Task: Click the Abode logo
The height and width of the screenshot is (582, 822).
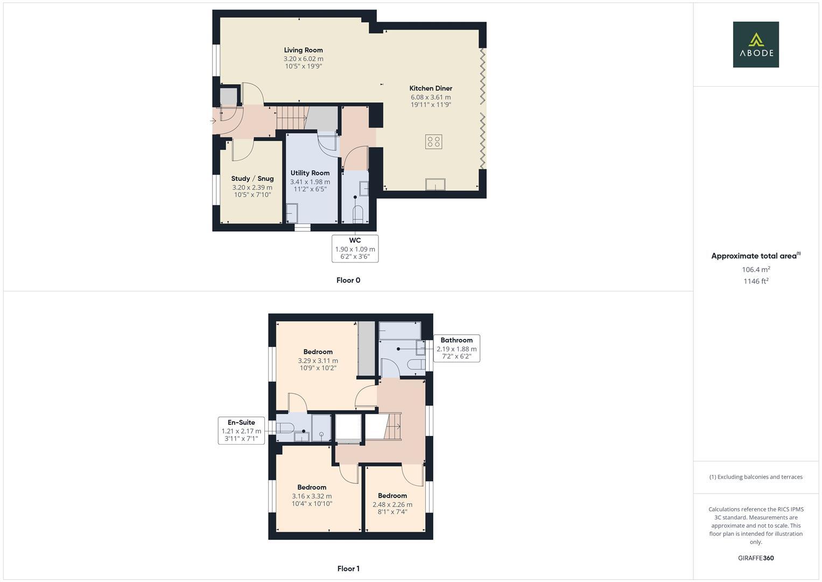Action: click(755, 45)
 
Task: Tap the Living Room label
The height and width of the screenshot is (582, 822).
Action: click(303, 50)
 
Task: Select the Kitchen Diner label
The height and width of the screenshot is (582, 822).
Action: click(431, 88)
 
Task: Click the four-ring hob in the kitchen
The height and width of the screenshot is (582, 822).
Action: click(433, 142)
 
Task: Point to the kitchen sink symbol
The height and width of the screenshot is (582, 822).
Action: click(435, 184)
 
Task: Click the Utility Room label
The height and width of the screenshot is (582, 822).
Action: click(310, 173)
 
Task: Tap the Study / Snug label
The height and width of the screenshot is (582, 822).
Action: click(252, 178)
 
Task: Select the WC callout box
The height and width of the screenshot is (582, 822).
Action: click(355, 248)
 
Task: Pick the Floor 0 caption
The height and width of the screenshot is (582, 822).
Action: click(348, 280)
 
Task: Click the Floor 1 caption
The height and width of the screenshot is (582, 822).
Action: click(348, 569)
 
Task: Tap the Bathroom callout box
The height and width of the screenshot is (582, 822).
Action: click(456, 348)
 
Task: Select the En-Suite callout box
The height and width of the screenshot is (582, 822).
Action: click(241, 431)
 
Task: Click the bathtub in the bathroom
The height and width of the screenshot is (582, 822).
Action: click(399, 330)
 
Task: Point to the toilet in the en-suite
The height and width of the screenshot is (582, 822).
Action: click(285, 428)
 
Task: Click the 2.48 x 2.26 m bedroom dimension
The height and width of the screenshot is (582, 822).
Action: click(392, 505)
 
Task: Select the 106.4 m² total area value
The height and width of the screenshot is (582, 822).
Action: click(756, 269)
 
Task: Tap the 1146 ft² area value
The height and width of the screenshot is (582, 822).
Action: click(756, 281)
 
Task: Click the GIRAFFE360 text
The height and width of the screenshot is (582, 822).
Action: click(756, 558)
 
